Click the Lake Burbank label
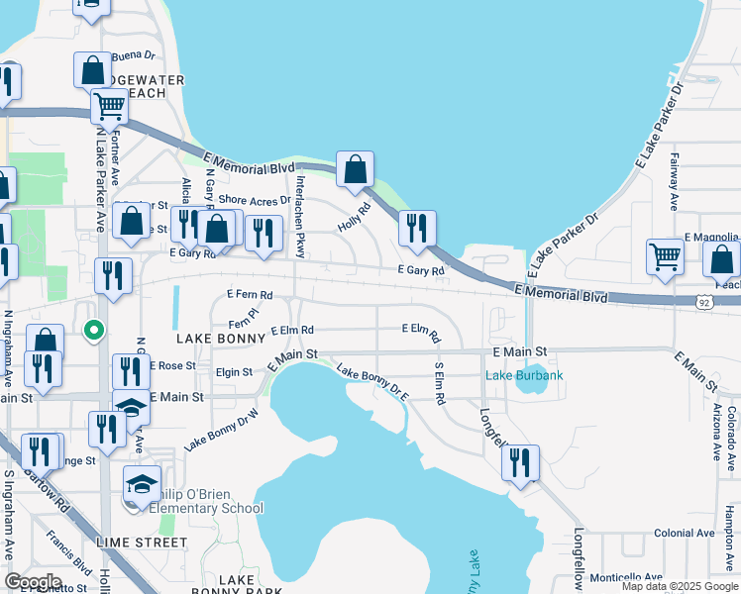click(x=524, y=375)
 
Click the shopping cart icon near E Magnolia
click(x=665, y=256)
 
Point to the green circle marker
click(x=93, y=331)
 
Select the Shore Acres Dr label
click(x=255, y=199)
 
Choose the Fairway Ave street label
click(x=673, y=188)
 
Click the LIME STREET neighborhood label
click(x=142, y=543)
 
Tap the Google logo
click(x=33, y=582)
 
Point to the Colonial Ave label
click(x=684, y=533)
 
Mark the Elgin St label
click(x=234, y=373)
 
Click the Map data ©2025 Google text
click(x=680, y=586)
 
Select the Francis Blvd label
click(x=68, y=554)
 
